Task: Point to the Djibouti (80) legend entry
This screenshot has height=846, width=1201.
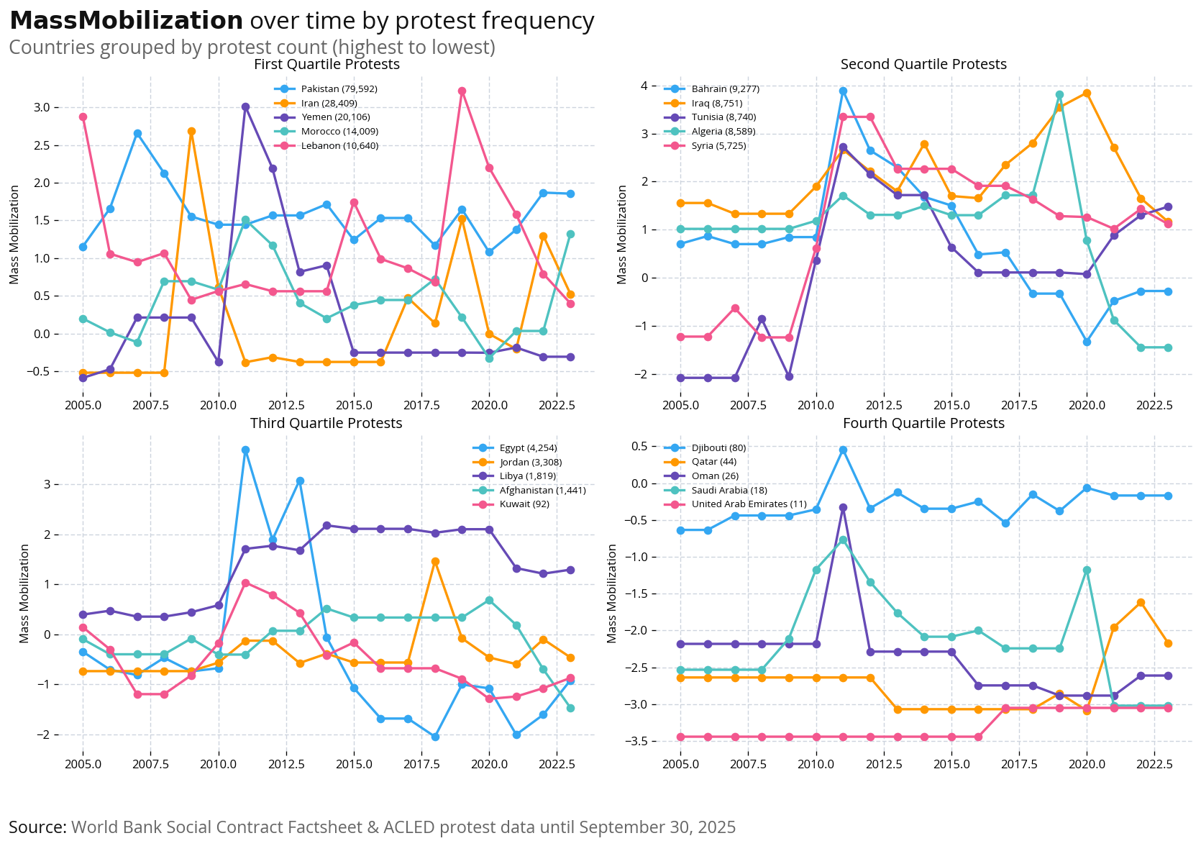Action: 718,448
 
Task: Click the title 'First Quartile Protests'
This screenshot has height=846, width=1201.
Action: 326,65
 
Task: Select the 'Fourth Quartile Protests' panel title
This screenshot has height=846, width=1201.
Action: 923,424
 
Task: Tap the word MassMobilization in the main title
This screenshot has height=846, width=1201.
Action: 127,22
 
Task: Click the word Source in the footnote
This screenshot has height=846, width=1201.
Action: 37,827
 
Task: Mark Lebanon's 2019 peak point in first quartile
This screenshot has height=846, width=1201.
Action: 462,91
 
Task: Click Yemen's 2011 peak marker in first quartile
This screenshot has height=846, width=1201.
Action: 245,106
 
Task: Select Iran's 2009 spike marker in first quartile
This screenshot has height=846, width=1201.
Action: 191,132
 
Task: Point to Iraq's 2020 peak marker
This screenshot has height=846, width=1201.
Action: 1087,94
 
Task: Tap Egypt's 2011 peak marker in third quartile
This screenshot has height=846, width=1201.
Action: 245,450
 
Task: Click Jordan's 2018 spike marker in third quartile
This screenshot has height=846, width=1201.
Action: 435,562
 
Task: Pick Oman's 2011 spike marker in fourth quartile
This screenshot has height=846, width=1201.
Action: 843,508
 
